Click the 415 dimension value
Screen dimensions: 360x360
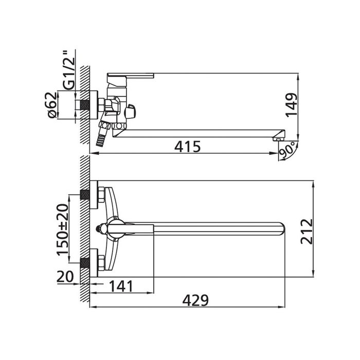(187, 147)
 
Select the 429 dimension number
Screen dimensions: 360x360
(195, 300)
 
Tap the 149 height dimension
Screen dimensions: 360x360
(292, 105)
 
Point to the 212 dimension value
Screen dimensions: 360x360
(307, 231)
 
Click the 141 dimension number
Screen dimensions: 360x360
(121, 286)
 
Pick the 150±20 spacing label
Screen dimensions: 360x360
(63, 229)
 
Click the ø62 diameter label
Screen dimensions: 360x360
(52, 105)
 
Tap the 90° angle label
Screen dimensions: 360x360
(287, 150)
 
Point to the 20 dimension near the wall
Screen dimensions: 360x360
(65, 277)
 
